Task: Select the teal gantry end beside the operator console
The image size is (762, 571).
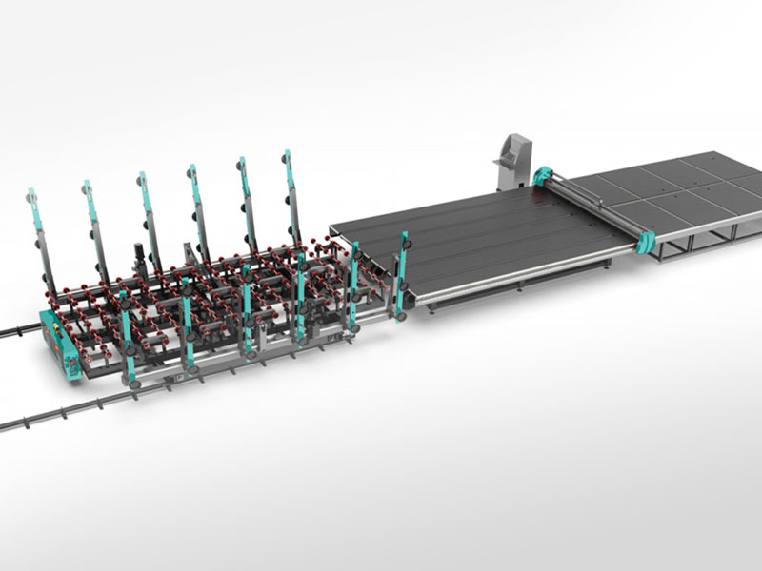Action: (x=545, y=177)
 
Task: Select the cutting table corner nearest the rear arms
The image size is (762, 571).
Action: (x=331, y=228)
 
